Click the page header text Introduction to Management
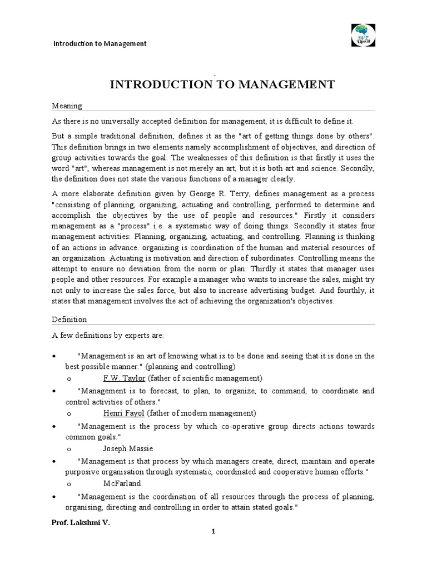tap(100, 43)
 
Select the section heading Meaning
tap(67, 106)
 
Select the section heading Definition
tap(69, 320)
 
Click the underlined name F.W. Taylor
tap(125, 378)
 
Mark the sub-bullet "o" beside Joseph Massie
tap(68, 448)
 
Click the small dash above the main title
tap(214, 74)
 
